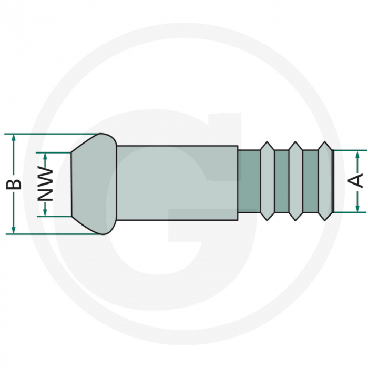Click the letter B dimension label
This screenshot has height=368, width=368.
pos(16,184)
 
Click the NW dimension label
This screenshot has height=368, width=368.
pos(46,184)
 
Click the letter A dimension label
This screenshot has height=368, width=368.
pos(356,180)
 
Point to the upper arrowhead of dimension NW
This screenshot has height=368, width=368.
pos(46,156)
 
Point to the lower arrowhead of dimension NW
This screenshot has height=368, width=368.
pos(46,212)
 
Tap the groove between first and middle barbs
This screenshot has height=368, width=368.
pos(282,181)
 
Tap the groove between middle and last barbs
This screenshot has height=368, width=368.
pos(310,181)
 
